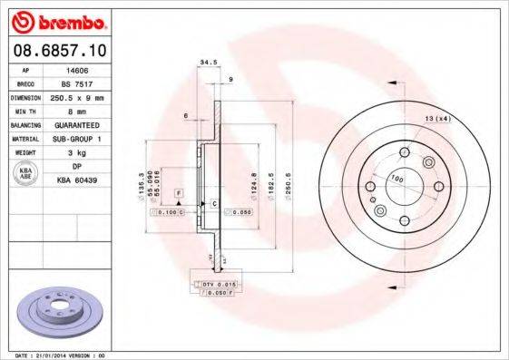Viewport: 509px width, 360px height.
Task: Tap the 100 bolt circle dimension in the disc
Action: (x=396, y=179)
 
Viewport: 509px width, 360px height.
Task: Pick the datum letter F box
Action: (x=179, y=194)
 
